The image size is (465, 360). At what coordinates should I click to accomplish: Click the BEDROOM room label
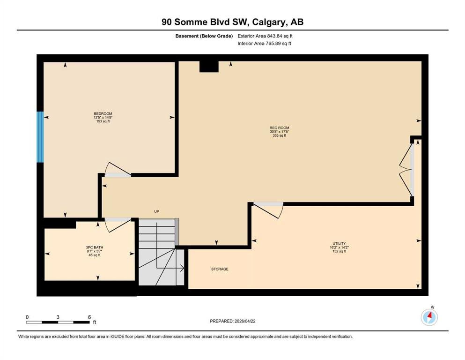point(103,113)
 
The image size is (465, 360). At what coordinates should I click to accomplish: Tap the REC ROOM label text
point(280,128)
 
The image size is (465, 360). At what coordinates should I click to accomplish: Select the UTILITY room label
point(339,244)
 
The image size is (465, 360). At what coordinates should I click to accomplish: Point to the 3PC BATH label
point(95,247)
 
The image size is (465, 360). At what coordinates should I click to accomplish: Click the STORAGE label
point(220,269)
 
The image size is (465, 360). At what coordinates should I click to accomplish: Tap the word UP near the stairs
point(156,211)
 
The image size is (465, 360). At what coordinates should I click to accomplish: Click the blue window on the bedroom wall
point(40,137)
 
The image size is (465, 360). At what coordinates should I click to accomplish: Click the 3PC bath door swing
point(118,225)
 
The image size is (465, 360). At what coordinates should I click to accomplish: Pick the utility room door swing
point(268,210)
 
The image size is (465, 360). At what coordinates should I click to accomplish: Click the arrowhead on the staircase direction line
point(182,268)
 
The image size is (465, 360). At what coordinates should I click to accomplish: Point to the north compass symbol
point(429,317)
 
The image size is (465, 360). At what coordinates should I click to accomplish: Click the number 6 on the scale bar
point(89,317)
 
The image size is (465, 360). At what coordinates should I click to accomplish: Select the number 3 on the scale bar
point(58,317)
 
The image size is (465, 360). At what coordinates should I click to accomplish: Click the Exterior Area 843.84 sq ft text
point(265,36)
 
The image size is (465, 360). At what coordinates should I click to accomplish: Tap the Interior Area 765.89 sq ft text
point(264,43)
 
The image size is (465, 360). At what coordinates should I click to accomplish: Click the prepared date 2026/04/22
point(245,321)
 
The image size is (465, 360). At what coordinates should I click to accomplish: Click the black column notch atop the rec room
point(209,67)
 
